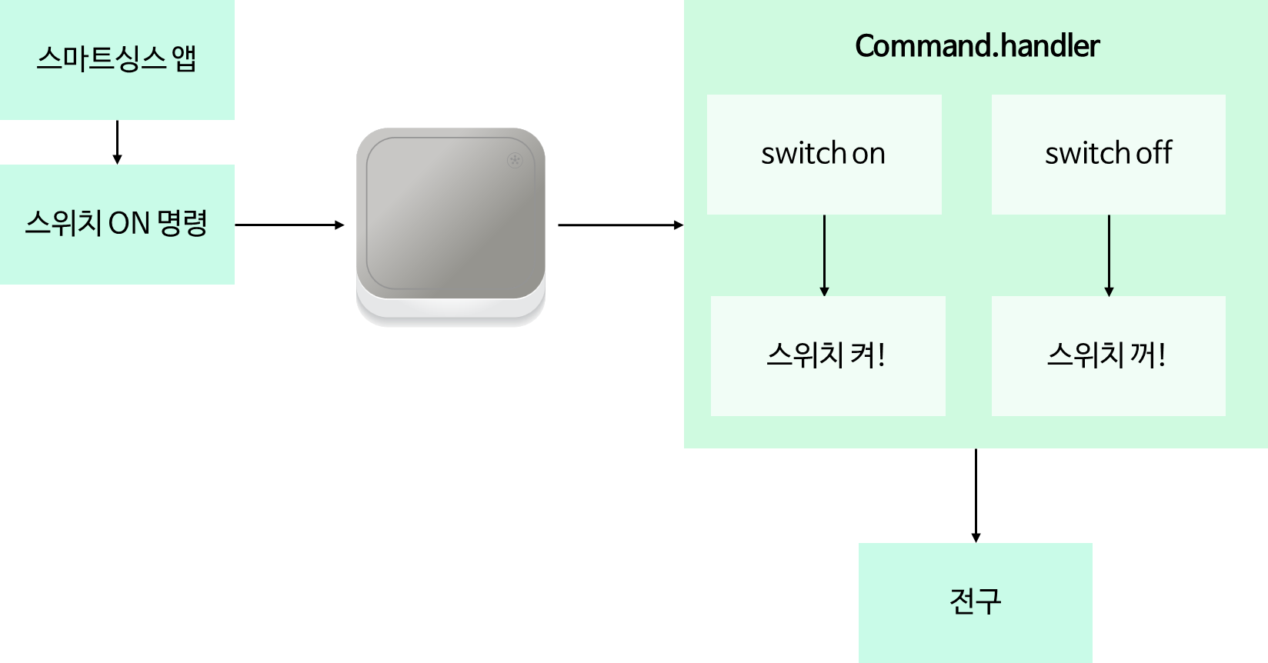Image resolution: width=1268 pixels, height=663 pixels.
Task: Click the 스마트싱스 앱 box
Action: (x=117, y=59)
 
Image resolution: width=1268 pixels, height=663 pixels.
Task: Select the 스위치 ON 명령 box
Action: (x=117, y=224)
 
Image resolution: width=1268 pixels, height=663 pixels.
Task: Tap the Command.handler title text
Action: (x=976, y=46)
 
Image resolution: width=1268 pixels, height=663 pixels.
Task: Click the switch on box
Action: (x=824, y=154)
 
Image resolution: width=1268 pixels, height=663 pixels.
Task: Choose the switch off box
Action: (x=1108, y=154)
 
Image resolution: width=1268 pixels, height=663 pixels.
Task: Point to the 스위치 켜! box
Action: (x=827, y=356)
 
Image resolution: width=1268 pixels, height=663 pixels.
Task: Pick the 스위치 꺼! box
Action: (x=1108, y=356)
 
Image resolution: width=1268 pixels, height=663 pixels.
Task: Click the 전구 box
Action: (x=975, y=601)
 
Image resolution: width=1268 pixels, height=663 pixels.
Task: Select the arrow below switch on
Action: (x=824, y=254)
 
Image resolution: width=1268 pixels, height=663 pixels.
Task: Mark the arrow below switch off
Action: (x=1109, y=254)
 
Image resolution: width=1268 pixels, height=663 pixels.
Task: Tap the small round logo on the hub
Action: (x=515, y=160)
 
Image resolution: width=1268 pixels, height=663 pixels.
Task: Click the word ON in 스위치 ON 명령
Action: (x=128, y=224)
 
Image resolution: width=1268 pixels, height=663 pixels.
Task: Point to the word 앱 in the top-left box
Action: (x=185, y=59)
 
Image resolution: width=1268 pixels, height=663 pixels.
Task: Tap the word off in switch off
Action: (x=1153, y=153)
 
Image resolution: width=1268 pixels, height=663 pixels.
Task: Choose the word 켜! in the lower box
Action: (x=868, y=355)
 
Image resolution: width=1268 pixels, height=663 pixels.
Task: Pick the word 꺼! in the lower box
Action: (x=1148, y=355)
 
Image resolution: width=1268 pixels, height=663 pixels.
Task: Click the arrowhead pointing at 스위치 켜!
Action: (x=824, y=292)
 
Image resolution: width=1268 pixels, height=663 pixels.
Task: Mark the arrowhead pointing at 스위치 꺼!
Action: (x=1109, y=292)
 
